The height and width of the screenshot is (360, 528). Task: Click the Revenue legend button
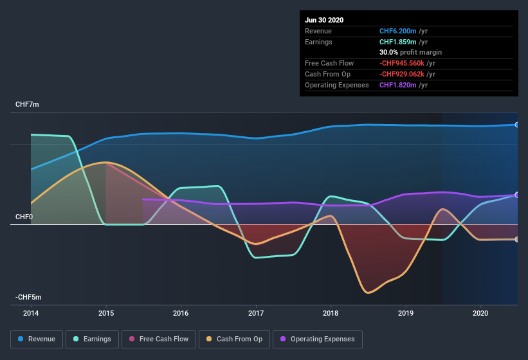(x=37, y=339)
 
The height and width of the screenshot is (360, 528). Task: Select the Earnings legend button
(x=93, y=339)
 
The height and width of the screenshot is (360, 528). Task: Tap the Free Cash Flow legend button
(x=159, y=339)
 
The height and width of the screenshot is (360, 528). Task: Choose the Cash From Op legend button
(x=234, y=339)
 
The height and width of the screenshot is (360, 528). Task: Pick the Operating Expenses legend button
(x=317, y=339)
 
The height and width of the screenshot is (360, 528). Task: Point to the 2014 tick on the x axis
(x=31, y=313)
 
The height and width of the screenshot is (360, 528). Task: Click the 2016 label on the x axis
(x=181, y=313)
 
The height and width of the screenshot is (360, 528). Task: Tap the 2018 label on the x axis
(x=331, y=313)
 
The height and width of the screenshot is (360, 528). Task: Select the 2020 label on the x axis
(x=480, y=313)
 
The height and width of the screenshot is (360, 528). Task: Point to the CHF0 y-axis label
(x=24, y=217)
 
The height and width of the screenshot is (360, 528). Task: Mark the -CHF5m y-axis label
(x=28, y=297)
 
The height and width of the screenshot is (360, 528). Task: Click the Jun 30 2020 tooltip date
(x=324, y=20)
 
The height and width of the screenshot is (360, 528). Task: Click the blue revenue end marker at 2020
(x=517, y=125)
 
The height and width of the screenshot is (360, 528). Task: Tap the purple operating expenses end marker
(x=517, y=195)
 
